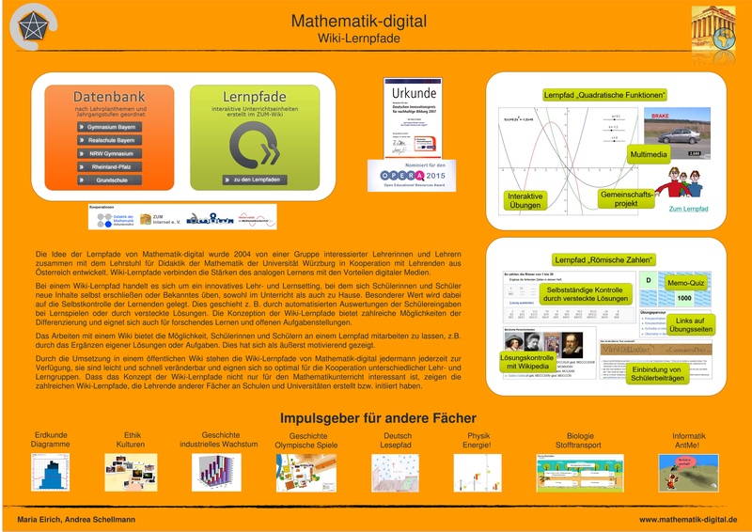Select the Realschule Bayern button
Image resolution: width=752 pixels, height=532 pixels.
pyautogui.click(x=111, y=140)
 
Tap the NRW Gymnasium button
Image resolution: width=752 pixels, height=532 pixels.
pyautogui.click(x=111, y=153)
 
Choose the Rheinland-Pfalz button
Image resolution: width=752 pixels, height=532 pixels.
pyautogui.click(x=111, y=167)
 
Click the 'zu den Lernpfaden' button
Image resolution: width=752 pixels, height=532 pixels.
pyautogui.click(x=255, y=180)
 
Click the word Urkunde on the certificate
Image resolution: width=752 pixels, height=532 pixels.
pyautogui.click(x=413, y=94)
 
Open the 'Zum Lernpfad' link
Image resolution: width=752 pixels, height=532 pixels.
pyautogui.click(x=688, y=209)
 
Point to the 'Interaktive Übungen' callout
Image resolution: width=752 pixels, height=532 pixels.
pyautogui.click(x=525, y=200)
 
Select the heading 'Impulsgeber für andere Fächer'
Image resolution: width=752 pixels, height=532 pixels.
pyautogui.click(x=378, y=418)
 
